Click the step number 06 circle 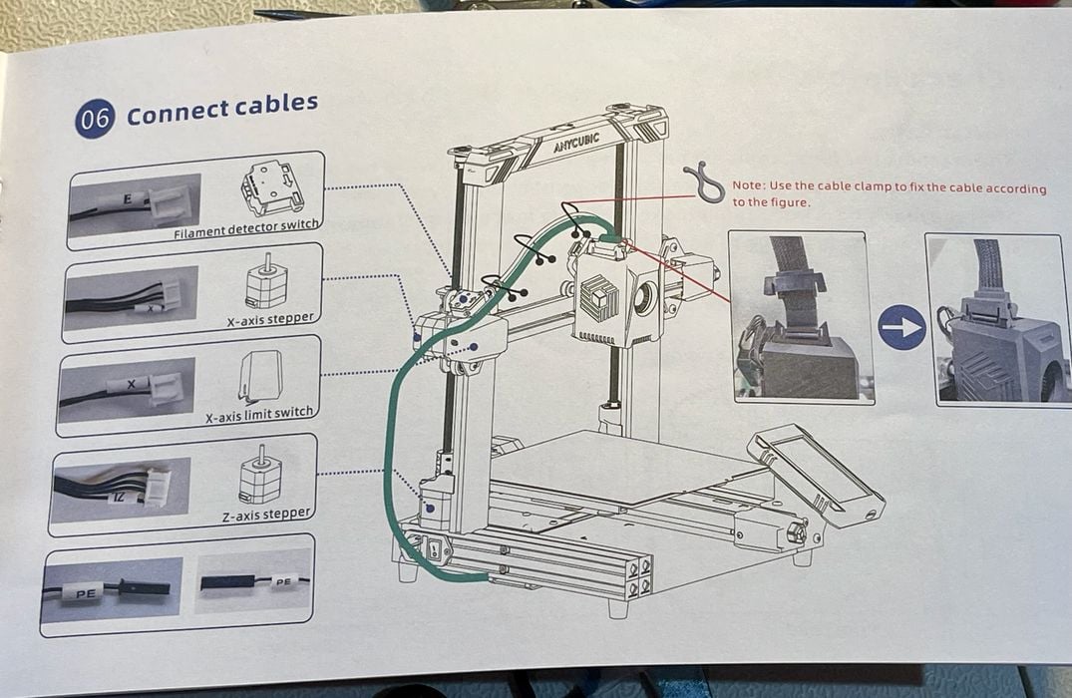tap(95, 119)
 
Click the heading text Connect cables tap(221, 109)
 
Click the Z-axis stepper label tap(265, 514)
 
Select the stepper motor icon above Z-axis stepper tap(260, 480)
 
